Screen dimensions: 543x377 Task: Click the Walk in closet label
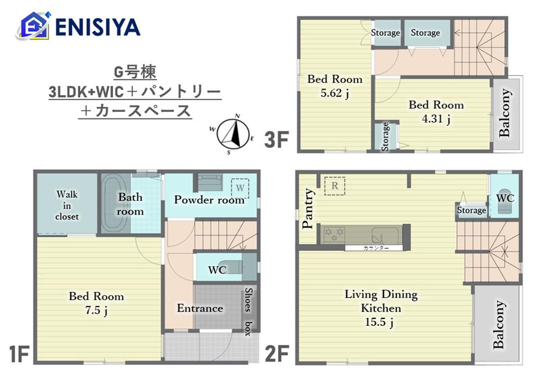tap(67, 205)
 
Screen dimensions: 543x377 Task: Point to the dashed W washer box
tap(240, 188)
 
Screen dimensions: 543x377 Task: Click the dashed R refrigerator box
tap(335, 186)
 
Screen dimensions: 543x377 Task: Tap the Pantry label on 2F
tap(307, 209)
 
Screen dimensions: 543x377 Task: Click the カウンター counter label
tap(376, 248)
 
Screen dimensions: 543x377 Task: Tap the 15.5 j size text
tap(379, 322)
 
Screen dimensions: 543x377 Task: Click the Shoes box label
tap(248, 311)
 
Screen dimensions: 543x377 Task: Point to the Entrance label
tap(200, 308)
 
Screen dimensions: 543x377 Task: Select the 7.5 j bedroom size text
tap(96, 310)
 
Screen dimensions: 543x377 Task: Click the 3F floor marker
tap(276, 140)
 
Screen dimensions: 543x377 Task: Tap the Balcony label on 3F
tap(505, 112)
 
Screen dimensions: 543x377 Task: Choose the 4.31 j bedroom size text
tap(436, 119)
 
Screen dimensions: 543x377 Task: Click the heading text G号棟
tap(135, 72)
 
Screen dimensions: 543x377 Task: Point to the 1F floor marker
tap(18, 354)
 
